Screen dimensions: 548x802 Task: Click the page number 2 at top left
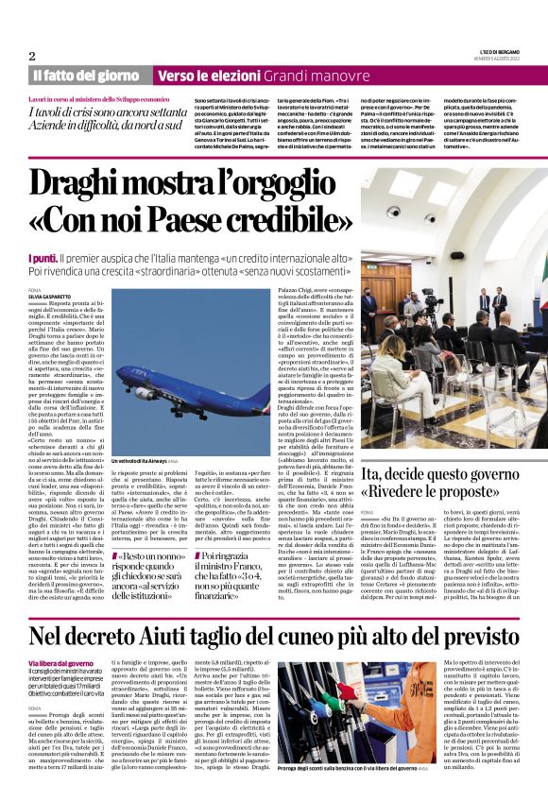pos(32,56)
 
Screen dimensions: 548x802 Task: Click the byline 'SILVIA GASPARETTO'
pos(50,296)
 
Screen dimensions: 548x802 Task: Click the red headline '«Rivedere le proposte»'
pos(438,496)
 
